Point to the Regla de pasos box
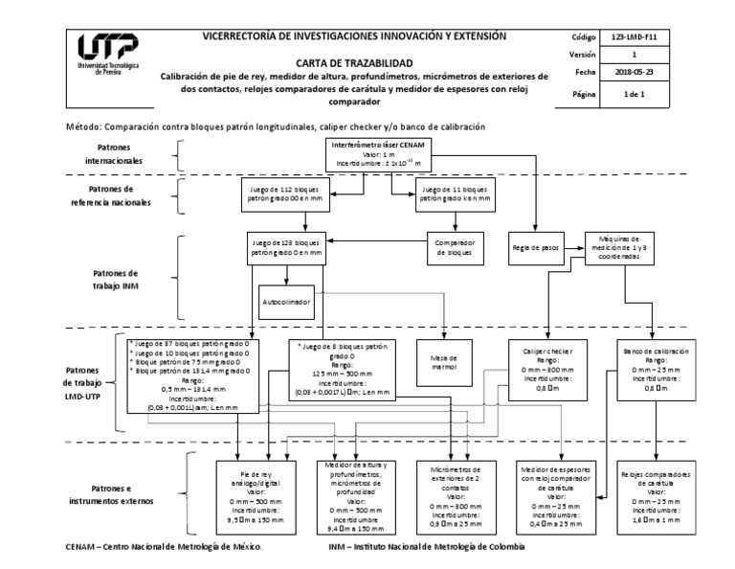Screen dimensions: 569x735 (535, 247)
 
